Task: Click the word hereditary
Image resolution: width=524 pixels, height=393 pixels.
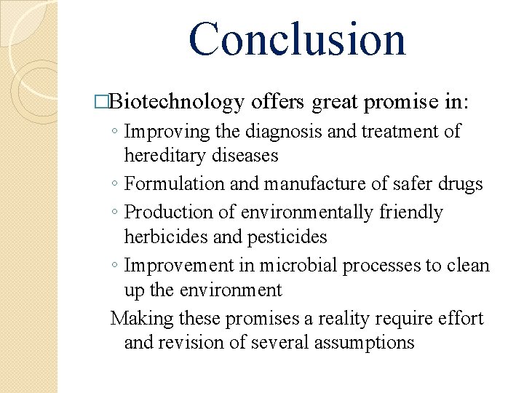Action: tap(162, 156)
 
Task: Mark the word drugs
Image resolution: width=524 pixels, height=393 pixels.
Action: tap(459, 184)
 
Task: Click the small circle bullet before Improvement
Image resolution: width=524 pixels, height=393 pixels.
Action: tap(115, 266)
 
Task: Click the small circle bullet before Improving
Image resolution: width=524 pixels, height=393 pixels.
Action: tap(115, 132)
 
